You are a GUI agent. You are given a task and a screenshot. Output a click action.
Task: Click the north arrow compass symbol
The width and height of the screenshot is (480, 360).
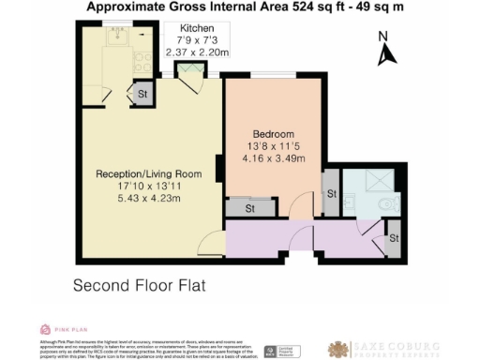[383, 50]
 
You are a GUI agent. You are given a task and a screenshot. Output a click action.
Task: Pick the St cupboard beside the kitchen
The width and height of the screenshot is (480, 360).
[143, 94]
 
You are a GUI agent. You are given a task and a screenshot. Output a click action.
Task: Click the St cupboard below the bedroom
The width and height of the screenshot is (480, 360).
[250, 209]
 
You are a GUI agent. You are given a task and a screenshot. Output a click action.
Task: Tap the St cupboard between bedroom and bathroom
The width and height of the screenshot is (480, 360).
[332, 194]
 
